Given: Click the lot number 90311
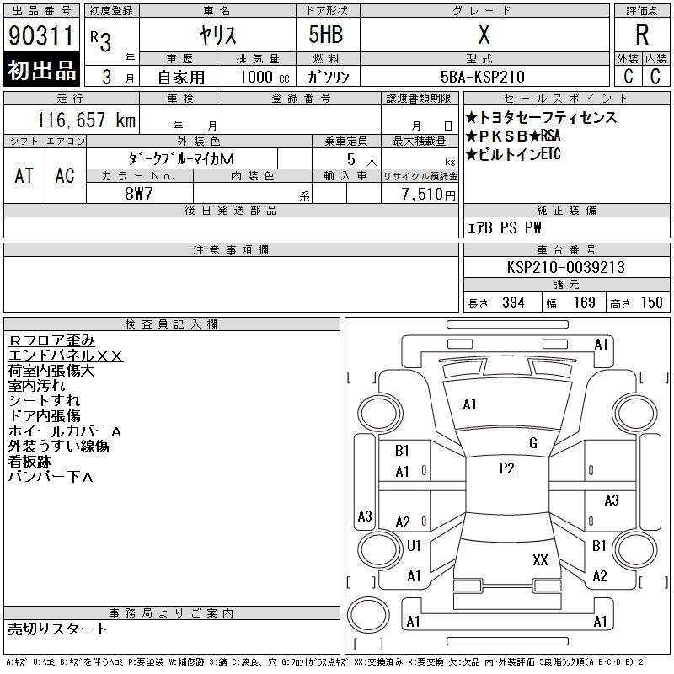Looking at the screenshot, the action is click(41, 35).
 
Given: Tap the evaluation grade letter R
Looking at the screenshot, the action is click(642, 35).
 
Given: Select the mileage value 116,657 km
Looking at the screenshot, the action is click(86, 120).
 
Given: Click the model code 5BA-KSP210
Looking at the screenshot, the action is click(482, 77).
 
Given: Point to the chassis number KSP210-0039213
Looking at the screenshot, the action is click(565, 267).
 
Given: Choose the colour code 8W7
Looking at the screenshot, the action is click(138, 194).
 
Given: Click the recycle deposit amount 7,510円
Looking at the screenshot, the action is click(428, 194).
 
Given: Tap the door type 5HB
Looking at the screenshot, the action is click(326, 35).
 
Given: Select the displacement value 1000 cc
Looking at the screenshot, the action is click(265, 77).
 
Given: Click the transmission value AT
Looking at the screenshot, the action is click(24, 175).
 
